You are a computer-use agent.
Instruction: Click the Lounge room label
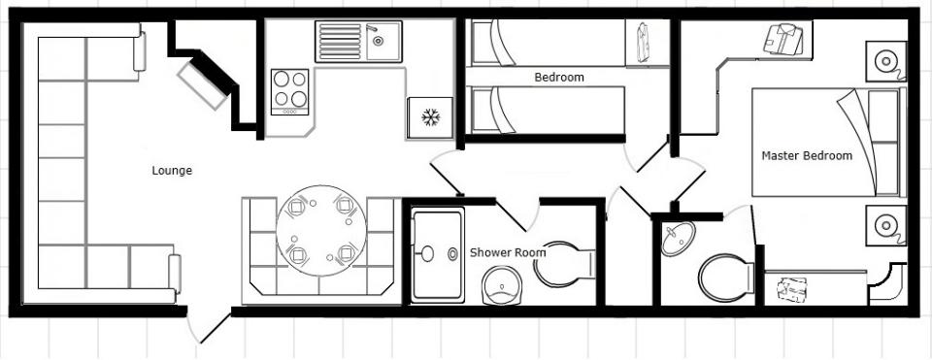click(x=172, y=171)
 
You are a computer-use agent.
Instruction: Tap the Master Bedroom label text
click(x=807, y=155)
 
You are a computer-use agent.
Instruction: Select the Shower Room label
click(x=508, y=252)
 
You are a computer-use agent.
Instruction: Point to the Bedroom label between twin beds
click(x=559, y=78)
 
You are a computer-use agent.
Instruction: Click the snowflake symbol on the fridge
click(x=430, y=117)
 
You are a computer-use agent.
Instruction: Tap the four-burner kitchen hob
click(x=290, y=92)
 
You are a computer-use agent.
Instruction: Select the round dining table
click(x=321, y=231)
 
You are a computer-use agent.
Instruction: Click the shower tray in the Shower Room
click(x=438, y=255)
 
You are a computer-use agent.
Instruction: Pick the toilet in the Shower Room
click(x=564, y=264)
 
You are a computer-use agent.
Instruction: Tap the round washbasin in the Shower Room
click(x=501, y=285)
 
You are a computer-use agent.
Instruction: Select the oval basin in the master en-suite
click(x=679, y=238)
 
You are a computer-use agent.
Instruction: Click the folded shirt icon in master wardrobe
click(x=782, y=40)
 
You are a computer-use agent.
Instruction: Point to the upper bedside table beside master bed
click(x=885, y=61)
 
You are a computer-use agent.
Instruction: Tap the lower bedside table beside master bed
click(x=885, y=225)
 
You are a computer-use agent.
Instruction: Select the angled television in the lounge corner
click(x=202, y=86)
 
